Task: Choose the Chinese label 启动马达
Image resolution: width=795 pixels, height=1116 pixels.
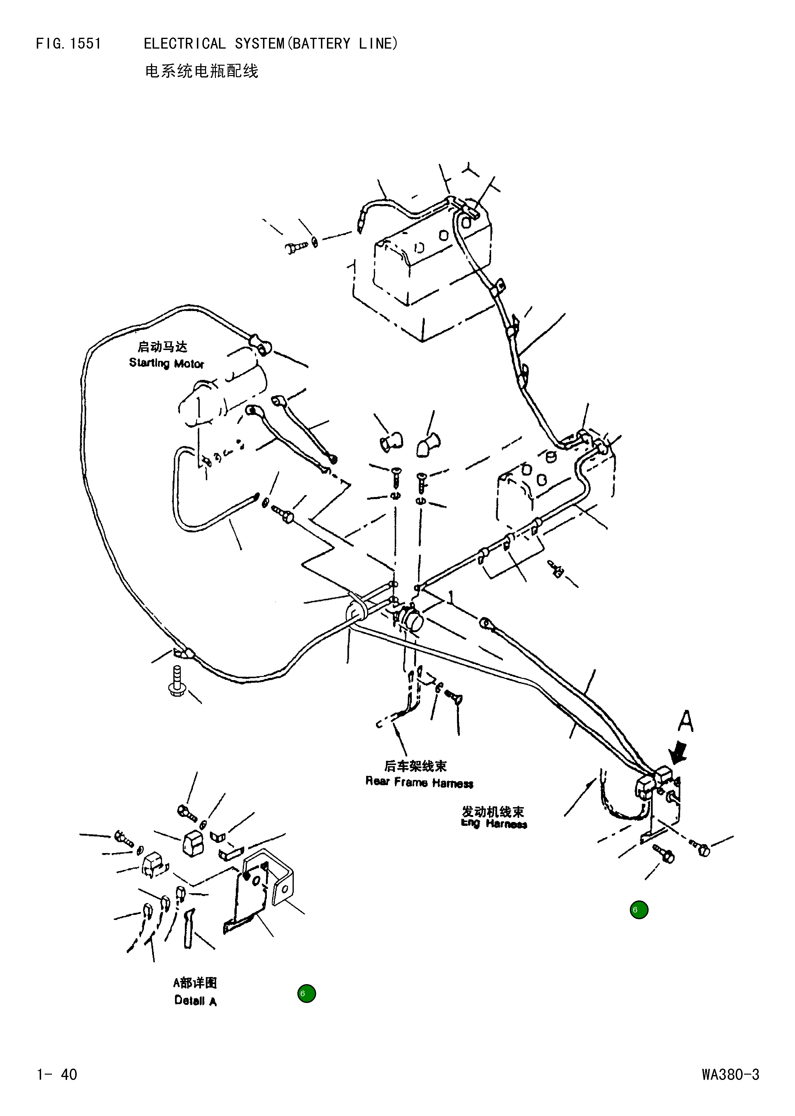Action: (x=162, y=347)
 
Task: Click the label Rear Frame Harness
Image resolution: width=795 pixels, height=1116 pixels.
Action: (x=419, y=782)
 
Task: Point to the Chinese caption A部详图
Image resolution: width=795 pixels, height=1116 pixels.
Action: (x=195, y=982)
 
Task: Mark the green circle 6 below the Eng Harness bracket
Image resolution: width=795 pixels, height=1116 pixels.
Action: (x=639, y=910)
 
